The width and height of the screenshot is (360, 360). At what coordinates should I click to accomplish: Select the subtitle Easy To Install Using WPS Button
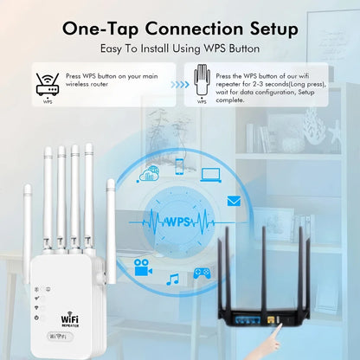coord(179,50)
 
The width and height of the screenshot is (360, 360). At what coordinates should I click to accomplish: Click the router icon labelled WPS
coord(47,83)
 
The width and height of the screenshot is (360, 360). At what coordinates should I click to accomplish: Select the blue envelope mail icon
coord(234,201)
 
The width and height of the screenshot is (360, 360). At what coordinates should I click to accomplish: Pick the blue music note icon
coord(173,279)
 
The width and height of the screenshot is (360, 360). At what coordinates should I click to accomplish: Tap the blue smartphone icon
coord(179,164)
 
